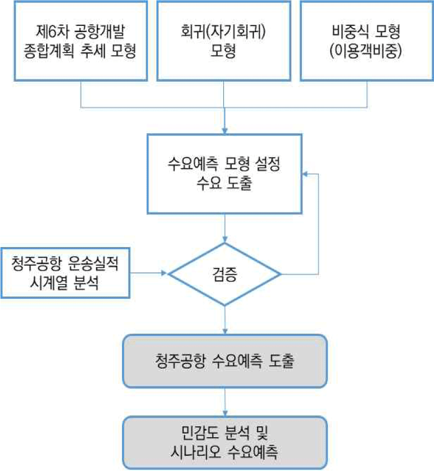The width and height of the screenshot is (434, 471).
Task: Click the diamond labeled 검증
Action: tap(225, 274)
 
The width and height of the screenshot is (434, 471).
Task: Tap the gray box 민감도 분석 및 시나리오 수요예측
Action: tap(225, 442)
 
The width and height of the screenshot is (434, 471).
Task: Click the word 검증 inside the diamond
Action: tap(225, 275)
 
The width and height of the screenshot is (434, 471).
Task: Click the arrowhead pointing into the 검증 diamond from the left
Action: tap(165, 274)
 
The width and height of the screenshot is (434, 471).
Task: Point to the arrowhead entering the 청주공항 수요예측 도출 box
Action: tap(225, 331)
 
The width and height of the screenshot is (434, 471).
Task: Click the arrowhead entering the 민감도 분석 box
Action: tap(225, 412)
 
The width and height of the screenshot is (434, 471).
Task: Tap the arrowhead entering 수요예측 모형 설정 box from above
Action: tap(225, 130)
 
